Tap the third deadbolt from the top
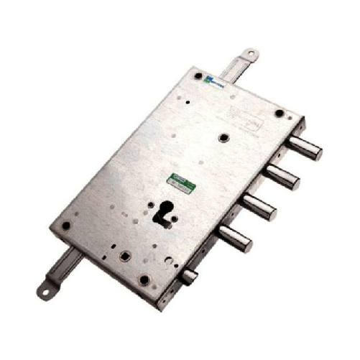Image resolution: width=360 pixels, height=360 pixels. (260, 207)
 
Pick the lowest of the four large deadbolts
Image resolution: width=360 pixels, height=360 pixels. (236, 238)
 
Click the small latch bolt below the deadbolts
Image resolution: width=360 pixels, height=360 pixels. (190, 277)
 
